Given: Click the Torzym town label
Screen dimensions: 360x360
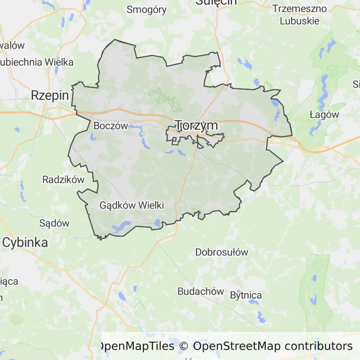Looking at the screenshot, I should [196, 125].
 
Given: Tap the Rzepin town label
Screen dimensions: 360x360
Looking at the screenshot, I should [50, 96].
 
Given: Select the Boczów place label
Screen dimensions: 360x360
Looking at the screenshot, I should [111, 126].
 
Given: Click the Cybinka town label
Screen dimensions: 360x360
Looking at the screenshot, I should [25, 242].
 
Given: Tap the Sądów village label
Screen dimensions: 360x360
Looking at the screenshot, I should [54, 223].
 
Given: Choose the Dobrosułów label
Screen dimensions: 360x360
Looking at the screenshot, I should [221, 252].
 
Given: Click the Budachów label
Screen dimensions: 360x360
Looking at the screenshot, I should [201, 291].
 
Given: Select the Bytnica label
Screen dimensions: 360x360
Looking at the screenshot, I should [246, 295].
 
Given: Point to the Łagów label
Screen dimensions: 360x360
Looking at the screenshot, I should [324, 114].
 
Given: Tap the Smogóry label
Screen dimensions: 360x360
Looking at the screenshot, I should [147, 10].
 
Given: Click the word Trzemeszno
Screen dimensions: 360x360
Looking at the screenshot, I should [302, 9].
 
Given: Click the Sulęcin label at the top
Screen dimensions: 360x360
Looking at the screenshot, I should [216, 2].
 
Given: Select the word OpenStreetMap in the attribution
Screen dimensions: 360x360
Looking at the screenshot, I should [237, 346].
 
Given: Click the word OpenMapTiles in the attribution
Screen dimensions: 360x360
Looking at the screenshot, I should [136, 346].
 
